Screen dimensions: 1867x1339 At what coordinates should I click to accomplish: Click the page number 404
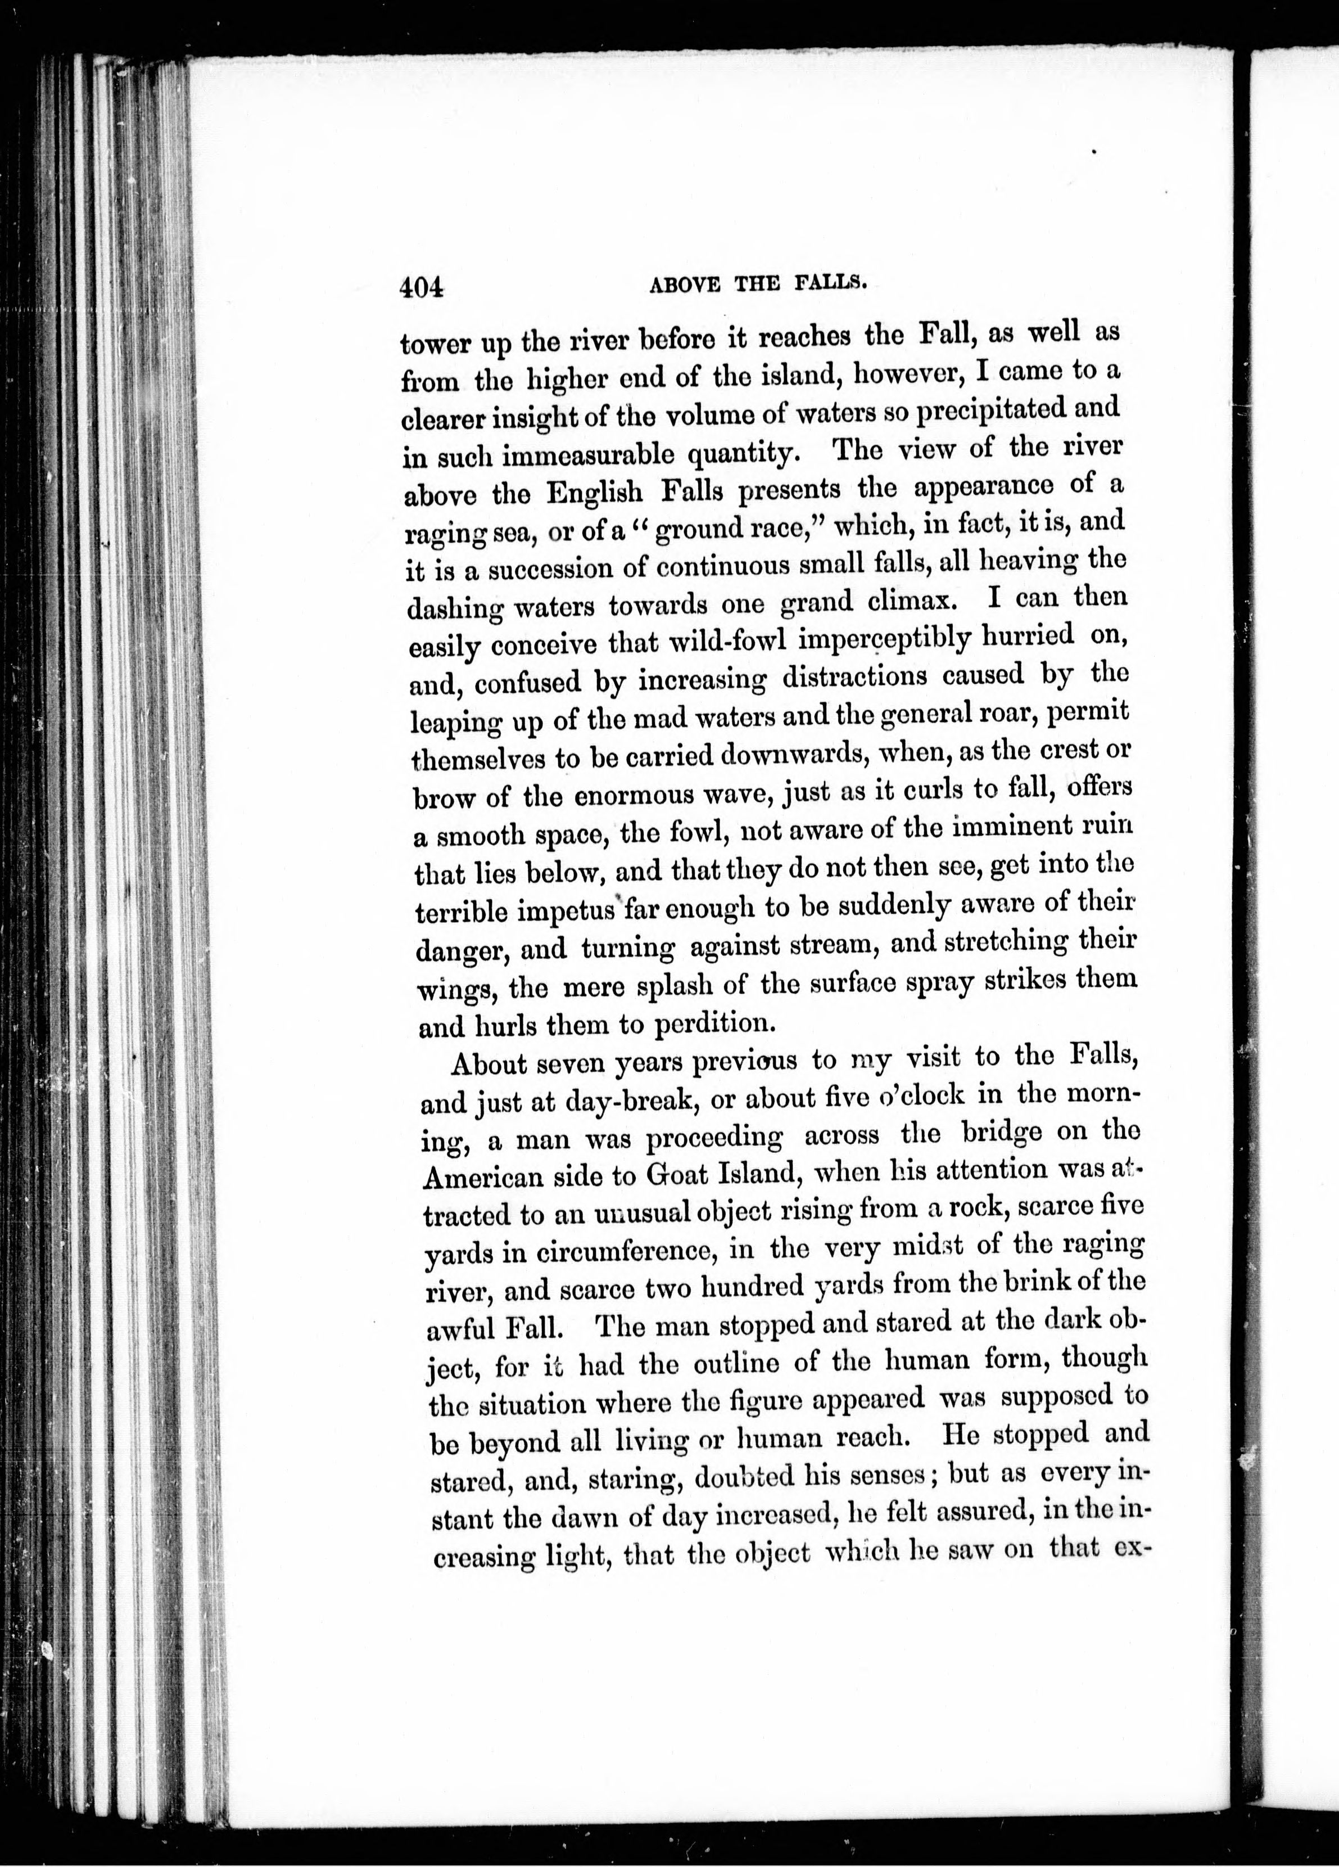point(422,286)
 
